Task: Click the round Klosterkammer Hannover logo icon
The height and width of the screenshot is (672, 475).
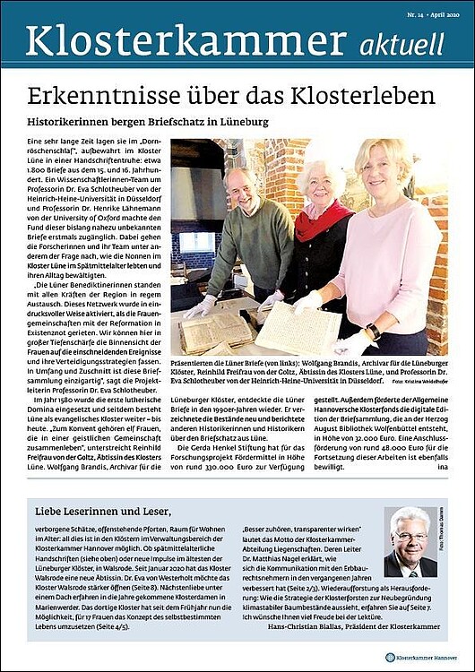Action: point(391,658)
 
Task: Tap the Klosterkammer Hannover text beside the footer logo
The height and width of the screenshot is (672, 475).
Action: point(429,658)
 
